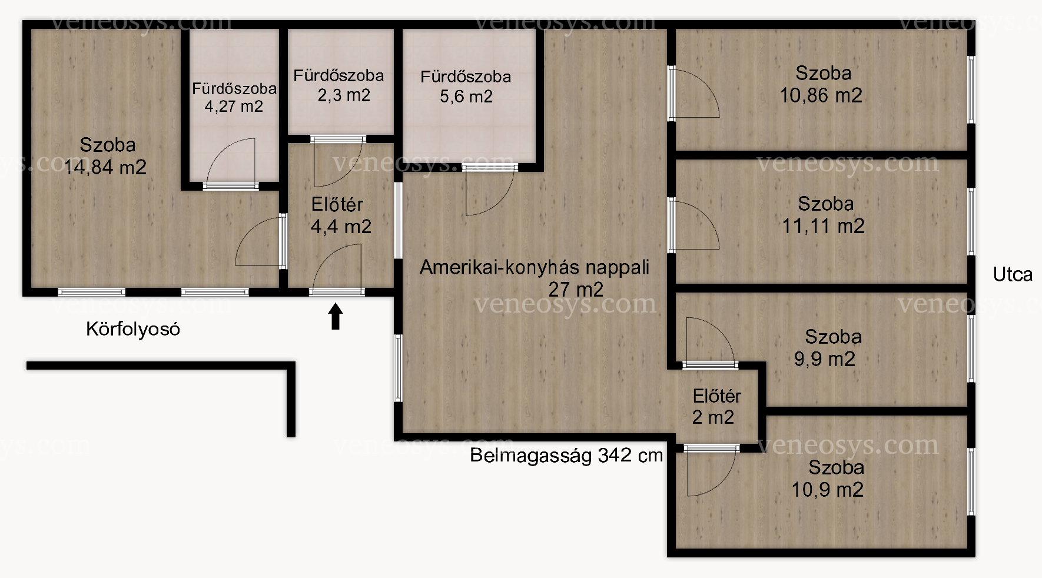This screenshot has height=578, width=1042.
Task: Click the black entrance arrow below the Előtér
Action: [336, 316]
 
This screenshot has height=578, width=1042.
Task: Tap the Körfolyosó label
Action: [133, 328]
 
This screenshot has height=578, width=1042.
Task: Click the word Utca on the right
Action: [1013, 274]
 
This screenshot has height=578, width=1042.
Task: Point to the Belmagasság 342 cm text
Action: [566, 455]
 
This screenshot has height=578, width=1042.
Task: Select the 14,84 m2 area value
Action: [105, 167]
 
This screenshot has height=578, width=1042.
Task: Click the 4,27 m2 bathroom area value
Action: [234, 107]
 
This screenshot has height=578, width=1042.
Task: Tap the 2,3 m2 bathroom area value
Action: [344, 95]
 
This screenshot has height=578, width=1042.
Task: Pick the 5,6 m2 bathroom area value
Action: [466, 97]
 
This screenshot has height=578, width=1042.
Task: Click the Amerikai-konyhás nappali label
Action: [535, 267]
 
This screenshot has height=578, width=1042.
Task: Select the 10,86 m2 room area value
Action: [821, 95]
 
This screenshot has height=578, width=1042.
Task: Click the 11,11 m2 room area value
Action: [823, 226]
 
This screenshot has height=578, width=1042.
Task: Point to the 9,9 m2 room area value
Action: [825, 359]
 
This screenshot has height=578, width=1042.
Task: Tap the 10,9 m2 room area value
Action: [828, 490]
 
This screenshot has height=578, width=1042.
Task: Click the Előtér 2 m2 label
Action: [716, 407]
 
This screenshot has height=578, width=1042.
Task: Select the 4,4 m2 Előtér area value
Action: [341, 227]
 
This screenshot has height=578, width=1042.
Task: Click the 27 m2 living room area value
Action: [576, 290]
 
